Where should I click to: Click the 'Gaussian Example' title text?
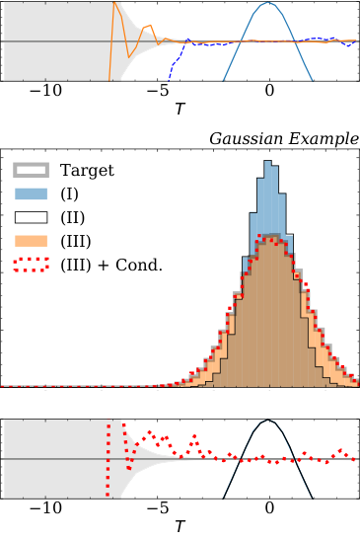pyautogui.click(x=284, y=138)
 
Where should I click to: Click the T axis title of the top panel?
pyautogui.click(x=179, y=109)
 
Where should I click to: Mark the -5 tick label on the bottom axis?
pyautogui.click(x=157, y=509)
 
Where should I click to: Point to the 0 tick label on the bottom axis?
pyautogui.click(x=269, y=509)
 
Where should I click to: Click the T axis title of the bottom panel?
pyautogui.click(x=179, y=527)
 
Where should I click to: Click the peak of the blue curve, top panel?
pyautogui.click(x=268, y=3)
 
